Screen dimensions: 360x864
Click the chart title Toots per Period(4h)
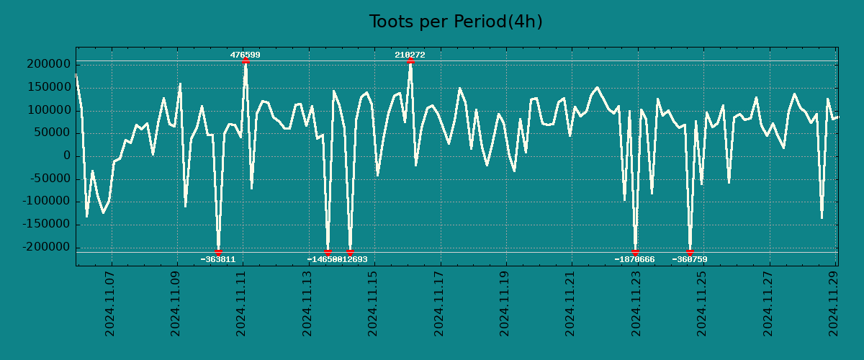(x=456, y=22)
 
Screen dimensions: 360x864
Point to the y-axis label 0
(x=67, y=156)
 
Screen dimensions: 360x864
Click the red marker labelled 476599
(x=246, y=61)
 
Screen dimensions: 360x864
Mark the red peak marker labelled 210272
(x=410, y=61)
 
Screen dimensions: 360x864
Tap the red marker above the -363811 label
(x=218, y=252)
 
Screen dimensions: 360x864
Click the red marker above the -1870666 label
(x=635, y=252)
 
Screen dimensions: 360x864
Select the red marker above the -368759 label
(x=690, y=253)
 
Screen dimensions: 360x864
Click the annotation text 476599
(x=246, y=55)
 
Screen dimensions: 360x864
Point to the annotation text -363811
(x=218, y=259)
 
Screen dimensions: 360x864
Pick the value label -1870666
(x=635, y=259)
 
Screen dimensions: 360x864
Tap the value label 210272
(x=410, y=55)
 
